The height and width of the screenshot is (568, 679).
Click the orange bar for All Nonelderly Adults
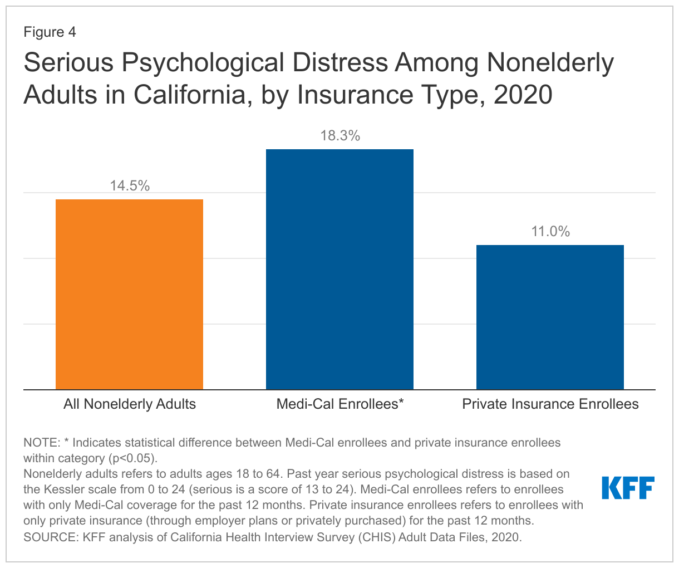click(129, 294)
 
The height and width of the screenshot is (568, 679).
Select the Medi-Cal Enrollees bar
click(339, 269)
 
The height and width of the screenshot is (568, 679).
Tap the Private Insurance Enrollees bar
click(550, 317)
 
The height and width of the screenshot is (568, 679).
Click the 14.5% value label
click(130, 186)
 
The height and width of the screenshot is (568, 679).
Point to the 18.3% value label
click(340, 135)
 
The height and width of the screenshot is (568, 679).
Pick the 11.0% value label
click(550, 232)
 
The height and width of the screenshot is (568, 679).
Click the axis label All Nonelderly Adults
click(130, 404)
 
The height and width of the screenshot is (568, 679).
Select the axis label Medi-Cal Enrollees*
click(339, 404)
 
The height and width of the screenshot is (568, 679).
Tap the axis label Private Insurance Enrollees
click(550, 404)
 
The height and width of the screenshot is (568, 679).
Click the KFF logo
click(628, 488)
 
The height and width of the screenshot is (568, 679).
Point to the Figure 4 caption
click(50, 32)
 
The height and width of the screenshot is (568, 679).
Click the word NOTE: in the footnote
click(42, 443)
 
